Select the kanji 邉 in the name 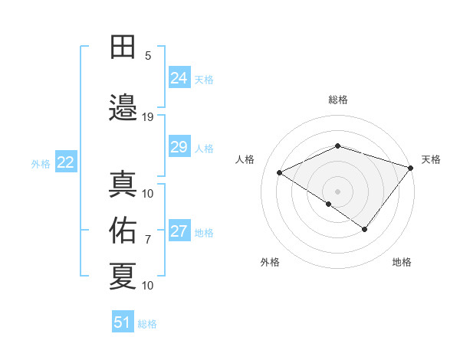coord(123,106)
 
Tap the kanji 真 coord(123,185)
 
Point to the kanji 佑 coord(123,230)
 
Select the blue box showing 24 coord(179,77)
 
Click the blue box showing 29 coord(179,147)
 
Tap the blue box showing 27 coord(179,232)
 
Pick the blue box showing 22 coord(66,162)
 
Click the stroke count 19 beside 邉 coord(148,117)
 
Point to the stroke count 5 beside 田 coord(148,56)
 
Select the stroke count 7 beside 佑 coord(148,240)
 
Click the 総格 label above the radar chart coord(338,100)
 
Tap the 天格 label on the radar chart coord(431,159)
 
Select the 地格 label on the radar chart coord(402,262)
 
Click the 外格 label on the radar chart coord(270,262)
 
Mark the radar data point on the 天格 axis coord(411,167)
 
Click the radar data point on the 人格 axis coord(280,172)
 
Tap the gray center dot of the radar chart coord(337,191)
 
